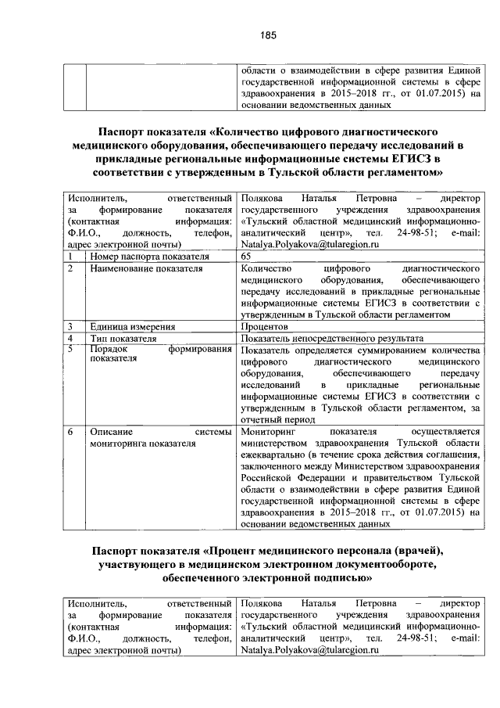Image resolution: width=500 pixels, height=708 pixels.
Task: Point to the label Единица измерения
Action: [x=132, y=326]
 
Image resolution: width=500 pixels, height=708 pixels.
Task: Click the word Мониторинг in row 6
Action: [x=269, y=431]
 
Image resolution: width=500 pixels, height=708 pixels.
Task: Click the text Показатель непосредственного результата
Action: [x=327, y=338]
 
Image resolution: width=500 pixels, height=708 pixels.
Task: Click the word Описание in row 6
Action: [x=111, y=431]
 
